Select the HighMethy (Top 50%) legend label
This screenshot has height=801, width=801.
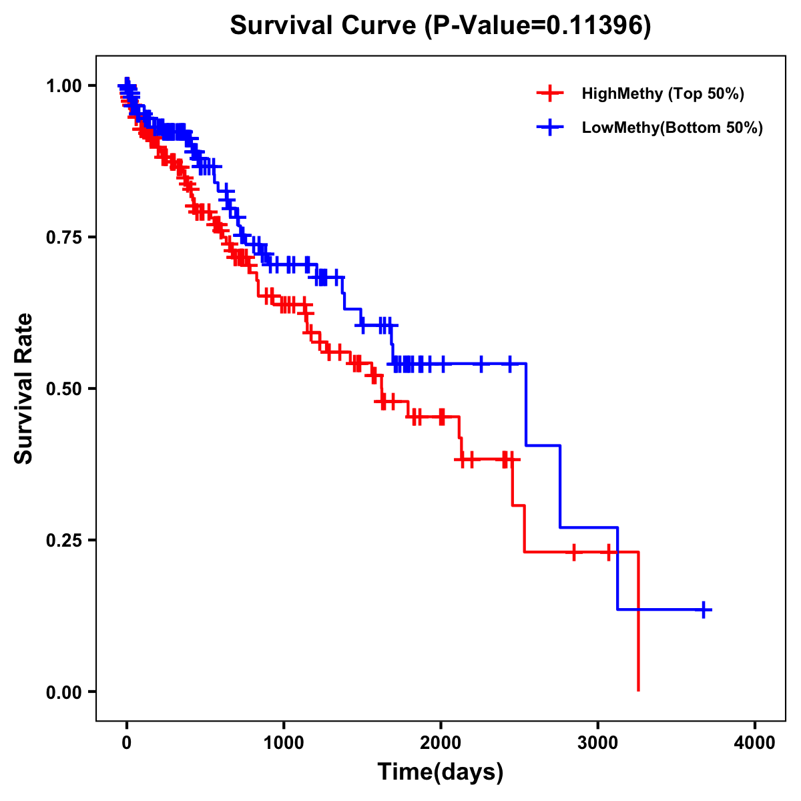click(x=662, y=93)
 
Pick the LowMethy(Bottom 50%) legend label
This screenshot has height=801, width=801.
click(x=672, y=127)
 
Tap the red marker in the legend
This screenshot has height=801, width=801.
click(x=550, y=93)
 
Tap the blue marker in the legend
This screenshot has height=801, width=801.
click(x=550, y=127)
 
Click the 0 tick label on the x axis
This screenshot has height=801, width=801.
click(x=127, y=743)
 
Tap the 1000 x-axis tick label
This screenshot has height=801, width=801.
click(x=284, y=743)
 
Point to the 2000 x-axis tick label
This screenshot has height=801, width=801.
click(x=441, y=743)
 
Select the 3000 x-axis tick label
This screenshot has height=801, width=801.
click(x=598, y=743)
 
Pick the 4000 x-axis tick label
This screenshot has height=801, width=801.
click(x=755, y=743)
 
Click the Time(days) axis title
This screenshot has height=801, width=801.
click(x=441, y=772)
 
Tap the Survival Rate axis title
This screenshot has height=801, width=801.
click(x=24, y=388)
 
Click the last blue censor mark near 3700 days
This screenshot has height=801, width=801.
click(x=704, y=609)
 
